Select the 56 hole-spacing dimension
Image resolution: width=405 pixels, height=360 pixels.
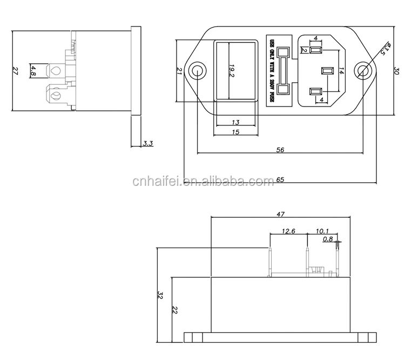(x=280, y=150)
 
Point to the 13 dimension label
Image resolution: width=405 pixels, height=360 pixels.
(x=235, y=123)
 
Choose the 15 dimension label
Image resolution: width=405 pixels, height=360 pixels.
(x=235, y=132)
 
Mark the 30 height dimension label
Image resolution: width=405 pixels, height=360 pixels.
(x=396, y=71)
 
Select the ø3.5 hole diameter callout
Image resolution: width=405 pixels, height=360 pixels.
(x=384, y=49)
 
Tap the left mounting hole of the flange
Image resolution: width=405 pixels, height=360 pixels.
(x=197, y=71)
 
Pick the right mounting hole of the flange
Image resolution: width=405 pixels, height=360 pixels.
(x=363, y=71)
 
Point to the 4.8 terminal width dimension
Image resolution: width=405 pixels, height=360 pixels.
(x=33, y=70)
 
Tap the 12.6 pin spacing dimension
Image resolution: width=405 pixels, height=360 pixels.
(x=289, y=232)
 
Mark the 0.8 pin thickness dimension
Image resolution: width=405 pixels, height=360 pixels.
(x=328, y=239)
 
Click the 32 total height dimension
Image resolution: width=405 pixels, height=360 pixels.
(x=160, y=295)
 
